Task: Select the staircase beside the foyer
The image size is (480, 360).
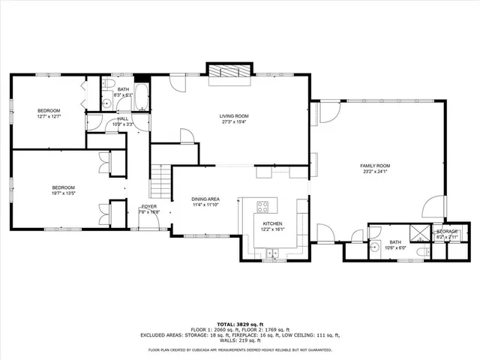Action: (161, 181)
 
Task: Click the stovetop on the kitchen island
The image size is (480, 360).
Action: (264, 207)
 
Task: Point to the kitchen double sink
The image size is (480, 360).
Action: (270, 253)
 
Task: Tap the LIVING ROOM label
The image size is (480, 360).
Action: (233, 116)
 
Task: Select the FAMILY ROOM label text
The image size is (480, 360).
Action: (375, 166)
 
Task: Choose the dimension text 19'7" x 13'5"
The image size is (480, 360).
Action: (63, 193)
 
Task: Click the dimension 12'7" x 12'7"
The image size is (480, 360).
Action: (48, 116)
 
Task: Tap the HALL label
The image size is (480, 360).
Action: (123, 118)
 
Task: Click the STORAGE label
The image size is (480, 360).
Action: (448, 232)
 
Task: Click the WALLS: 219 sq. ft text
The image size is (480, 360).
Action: (239, 340)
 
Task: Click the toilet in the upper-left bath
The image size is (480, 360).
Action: (109, 83)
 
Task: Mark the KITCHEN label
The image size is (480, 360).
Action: (271, 224)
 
